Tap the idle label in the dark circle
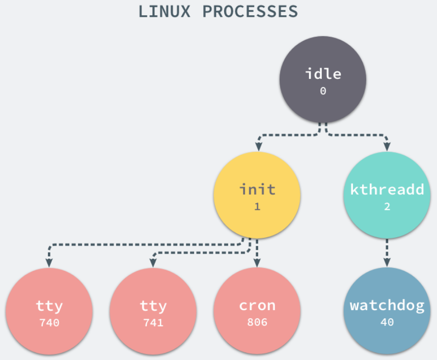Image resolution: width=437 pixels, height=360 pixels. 323,73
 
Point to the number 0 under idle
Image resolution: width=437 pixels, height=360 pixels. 323,91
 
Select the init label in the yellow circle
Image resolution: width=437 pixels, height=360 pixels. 257,190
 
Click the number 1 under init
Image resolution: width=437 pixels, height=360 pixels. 257,207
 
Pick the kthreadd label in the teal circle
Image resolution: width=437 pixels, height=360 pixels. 387,190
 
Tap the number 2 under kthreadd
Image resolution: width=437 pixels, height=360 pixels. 387,207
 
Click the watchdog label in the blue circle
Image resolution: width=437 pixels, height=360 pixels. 387,306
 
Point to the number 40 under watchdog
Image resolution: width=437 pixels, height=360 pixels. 387,322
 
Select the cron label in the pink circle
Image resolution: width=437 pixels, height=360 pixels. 257,306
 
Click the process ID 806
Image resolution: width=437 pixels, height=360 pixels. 257,322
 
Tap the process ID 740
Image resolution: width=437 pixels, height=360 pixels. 49,322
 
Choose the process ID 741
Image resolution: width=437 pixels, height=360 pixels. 153,322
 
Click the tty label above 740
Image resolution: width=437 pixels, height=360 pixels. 49,306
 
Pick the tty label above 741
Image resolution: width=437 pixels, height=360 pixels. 153,306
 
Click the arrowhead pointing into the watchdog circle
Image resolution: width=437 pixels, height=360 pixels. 387,262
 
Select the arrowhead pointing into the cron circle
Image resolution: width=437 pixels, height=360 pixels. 257,262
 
